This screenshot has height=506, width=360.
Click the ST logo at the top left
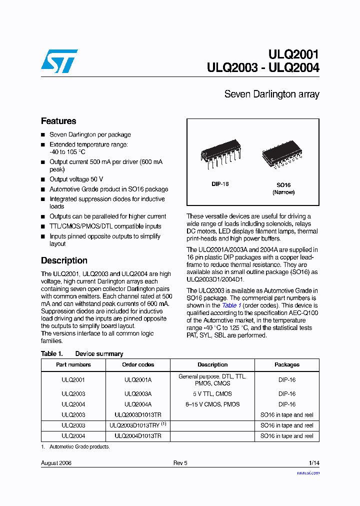point(59,60)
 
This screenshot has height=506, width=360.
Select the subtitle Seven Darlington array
point(271,94)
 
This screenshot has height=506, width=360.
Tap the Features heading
point(58,121)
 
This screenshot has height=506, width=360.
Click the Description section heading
point(64,260)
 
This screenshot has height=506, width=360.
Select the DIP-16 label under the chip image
point(220,184)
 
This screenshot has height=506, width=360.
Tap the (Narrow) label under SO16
point(283,192)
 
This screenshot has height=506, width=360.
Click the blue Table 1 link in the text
point(231,305)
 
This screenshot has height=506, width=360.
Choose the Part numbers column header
point(73,364)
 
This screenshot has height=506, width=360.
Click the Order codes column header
point(138,364)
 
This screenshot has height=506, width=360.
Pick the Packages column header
point(287,364)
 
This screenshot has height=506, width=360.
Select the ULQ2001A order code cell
point(138,380)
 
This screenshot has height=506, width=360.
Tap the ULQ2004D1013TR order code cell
point(138,436)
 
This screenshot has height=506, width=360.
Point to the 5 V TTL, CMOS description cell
point(212,394)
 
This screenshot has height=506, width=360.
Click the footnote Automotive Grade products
point(79,446)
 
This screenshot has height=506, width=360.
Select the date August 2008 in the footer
point(56,463)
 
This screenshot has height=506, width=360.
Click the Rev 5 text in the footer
point(180,463)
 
